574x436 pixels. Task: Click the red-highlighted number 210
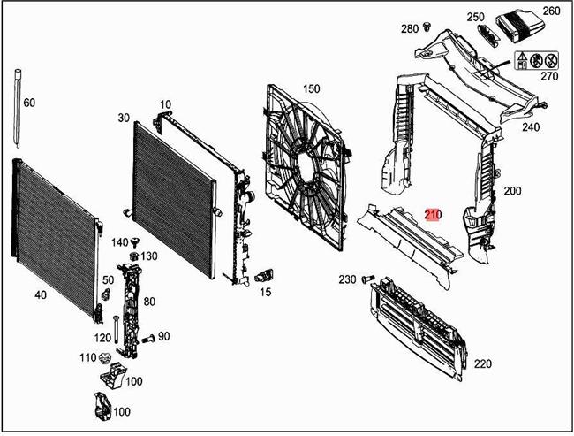(433, 214)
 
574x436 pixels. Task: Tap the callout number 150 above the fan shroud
(311, 88)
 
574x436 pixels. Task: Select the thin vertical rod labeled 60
(18, 111)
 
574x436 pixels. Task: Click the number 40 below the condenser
(41, 295)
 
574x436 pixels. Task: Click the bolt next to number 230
(368, 280)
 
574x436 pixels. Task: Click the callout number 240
(530, 126)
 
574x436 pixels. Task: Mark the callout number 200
(512, 191)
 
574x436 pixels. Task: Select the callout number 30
(123, 118)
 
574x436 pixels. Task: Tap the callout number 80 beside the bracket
(149, 302)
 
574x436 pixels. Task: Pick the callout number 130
(149, 256)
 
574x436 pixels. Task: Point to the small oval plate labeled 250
(487, 33)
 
